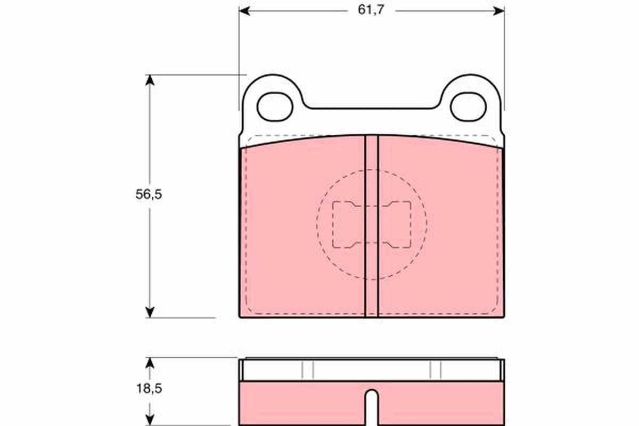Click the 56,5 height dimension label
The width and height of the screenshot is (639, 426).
(x=148, y=194)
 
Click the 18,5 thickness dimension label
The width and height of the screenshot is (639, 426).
(x=148, y=389)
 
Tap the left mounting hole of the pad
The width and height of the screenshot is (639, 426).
(x=275, y=106)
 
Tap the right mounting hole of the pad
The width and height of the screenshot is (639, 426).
(x=468, y=106)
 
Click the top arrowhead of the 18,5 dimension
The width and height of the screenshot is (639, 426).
(x=150, y=363)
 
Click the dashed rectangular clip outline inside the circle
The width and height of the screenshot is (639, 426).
(x=372, y=224)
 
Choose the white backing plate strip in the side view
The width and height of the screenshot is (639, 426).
(x=371, y=371)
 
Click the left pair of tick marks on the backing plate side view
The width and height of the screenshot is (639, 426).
(x=308, y=370)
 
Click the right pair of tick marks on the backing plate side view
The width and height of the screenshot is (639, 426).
(x=436, y=370)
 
